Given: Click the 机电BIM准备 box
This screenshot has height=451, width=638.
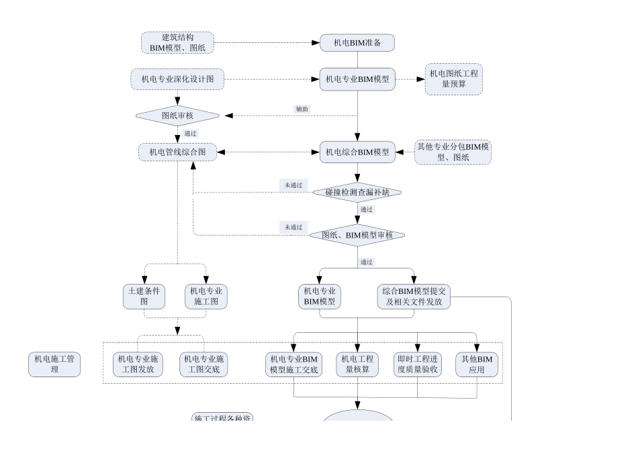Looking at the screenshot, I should (357, 43).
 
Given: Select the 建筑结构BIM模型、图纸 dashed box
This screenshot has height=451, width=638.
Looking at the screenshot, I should (178, 43).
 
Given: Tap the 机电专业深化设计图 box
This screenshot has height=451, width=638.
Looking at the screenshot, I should (177, 79).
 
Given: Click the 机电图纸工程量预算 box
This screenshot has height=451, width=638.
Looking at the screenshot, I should (455, 79).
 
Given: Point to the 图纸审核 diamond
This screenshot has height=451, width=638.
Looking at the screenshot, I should (177, 115).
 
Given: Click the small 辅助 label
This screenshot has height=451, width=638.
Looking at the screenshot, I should (303, 109).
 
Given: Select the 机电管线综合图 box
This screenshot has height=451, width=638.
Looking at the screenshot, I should (178, 152).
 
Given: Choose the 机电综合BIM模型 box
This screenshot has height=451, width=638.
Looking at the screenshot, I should (357, 152).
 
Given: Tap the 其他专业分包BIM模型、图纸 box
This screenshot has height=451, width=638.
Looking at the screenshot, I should (453, 152).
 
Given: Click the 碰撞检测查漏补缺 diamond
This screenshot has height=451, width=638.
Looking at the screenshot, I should (357, 193).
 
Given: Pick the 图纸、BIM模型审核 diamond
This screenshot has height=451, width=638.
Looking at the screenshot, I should (357, 235).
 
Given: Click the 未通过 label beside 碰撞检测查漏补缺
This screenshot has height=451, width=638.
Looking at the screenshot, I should (293, 185).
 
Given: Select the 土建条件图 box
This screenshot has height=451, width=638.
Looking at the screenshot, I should (144, 297).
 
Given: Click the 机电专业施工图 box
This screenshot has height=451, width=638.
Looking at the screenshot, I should (206, 297).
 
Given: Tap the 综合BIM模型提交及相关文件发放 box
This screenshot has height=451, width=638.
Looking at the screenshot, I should (414, 297).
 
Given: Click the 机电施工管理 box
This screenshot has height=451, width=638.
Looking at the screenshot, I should (54, 364).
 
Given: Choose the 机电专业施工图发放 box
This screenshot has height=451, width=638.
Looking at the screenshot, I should (137, 364).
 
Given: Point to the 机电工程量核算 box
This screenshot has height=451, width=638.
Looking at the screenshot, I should (358, 364).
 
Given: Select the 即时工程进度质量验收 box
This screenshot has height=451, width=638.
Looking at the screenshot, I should (417, 364).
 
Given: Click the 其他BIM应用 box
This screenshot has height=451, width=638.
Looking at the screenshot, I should (477, 364).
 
